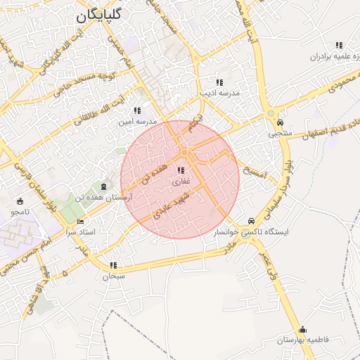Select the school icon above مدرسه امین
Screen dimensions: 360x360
point(136,110)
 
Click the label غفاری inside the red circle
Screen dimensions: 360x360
point(181,181)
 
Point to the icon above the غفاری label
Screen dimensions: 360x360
point(181,171)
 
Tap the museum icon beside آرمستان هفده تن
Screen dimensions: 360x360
point(105,186)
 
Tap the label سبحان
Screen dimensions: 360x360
point(113,276)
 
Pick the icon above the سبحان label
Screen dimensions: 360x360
point(113,266)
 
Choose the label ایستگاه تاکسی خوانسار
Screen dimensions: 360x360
point(256,231)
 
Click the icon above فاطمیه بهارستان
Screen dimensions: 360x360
point(302,329)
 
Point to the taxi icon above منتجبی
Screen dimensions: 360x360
point(281,121)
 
